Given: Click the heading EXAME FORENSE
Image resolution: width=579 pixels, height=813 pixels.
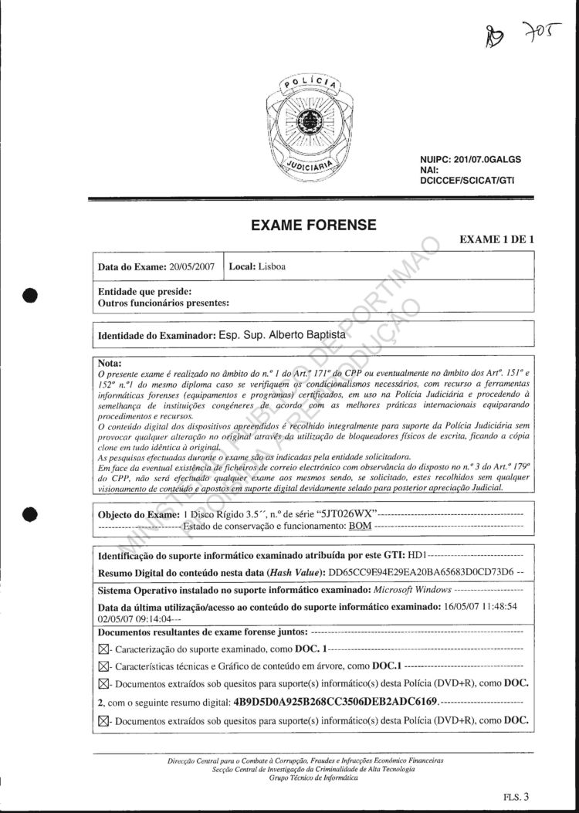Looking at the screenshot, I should point(314,225).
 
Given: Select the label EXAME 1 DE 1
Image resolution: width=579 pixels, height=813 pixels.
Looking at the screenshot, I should point(496,239).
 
